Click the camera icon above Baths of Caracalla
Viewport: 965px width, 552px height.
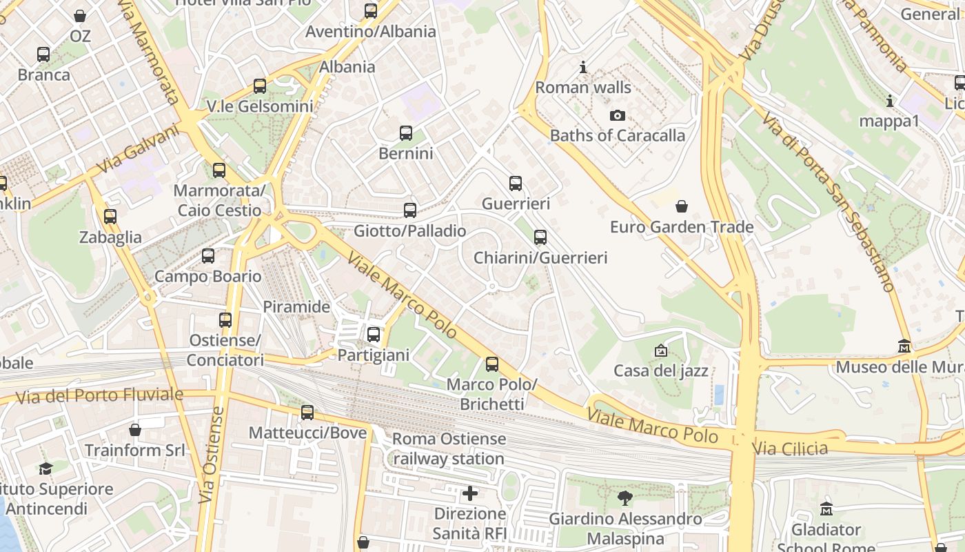tap(618, 115)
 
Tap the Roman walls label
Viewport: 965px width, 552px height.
tap(583, 88)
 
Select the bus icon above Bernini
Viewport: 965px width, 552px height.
tap(406, 132)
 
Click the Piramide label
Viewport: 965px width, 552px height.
tap(296, 306)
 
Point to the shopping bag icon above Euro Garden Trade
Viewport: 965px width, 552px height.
tap(682, 206)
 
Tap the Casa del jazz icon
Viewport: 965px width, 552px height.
tap(661, 351)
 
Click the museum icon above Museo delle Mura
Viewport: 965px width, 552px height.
tap(904, 346)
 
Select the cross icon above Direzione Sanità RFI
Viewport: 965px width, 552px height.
tap(470, 493)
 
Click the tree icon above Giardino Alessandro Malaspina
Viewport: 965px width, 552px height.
tap(625, 497)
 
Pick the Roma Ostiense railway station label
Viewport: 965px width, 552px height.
tap(449, 448)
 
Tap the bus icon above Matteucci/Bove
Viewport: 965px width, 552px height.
tap(307, 413)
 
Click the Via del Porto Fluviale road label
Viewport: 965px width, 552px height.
tap(99, 396)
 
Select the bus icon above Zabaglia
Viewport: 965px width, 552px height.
tap(110, 217)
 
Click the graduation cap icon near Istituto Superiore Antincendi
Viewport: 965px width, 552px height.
tap(45, 469)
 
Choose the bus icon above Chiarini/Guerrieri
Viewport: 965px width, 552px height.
tap(540, 237)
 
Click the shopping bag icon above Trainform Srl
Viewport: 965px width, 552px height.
tap(135, 430)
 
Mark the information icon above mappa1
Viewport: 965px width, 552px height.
tap(889, 101)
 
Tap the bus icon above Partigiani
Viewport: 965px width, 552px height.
tap(374, 335)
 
